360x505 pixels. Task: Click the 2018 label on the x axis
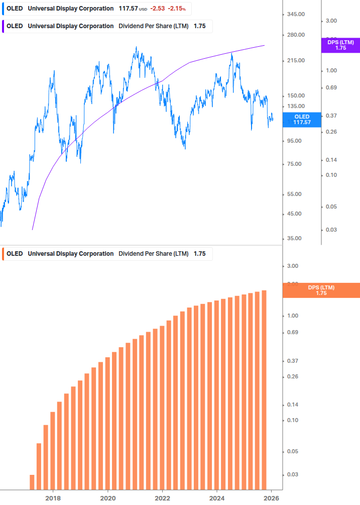pyautogui.click(x=53, y=498)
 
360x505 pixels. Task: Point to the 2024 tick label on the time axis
pyautogui.click(x=217, y=498)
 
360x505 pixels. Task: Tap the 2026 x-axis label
pyautogui.click(x=271, y=498)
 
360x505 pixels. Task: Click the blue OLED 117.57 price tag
pyautogui.click(x=302, y=119)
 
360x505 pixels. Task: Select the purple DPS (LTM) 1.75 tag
pyautogui.click(x=340, y=45)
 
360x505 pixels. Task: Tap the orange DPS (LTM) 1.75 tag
pyautogui.click(x=321, y=290)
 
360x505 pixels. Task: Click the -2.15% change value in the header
pyautogui.click(x=176, y=9)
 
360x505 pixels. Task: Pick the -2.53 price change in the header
pyautogui.click(x=158, y=9)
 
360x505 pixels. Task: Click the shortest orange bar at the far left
pyautogui.click(x=32, y=481)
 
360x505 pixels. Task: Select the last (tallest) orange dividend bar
pyautogui.click(x=264, y=389)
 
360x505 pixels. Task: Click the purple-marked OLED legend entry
pyautogui.click(x=107, y=26)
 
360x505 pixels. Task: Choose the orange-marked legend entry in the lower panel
pyautogui.click(x=107, y=254)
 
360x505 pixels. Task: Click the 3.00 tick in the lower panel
pyautogui.click(x=293, y=266)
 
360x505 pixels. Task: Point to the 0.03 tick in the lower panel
pyautogui.click(x=292, y=474)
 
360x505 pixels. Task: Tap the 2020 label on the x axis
pyautogui.click(x=107, y=498)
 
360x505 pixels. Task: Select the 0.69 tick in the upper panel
pyautogui.click(x=330, y=87)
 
